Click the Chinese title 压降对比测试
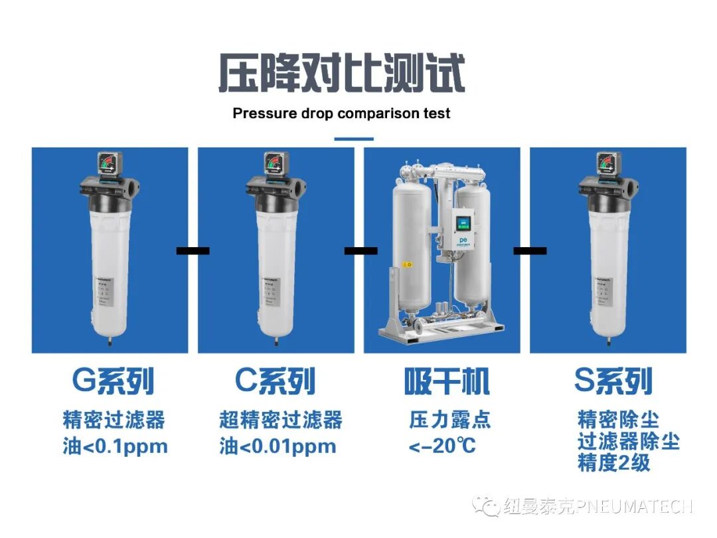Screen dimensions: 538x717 pyautogui.click(x=341, y=73)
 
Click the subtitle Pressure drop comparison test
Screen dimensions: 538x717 pyautogui.click(x=341, y=114)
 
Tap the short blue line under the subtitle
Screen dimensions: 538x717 pyautogui.click(x=353, y=139)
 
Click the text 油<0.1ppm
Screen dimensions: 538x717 pyautogui.click(x=115, y=446)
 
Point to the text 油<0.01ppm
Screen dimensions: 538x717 pyautogui.click(x=278, y=446)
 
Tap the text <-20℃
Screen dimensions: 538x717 pyautogui.click(x=442, y=446)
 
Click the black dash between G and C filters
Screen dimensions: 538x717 pyautogui.click(x=193, y=250)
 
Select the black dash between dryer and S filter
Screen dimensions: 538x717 pyautogui.click(x=530, y=250)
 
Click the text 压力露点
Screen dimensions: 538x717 pyautogui.click(x=449, y=420)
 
